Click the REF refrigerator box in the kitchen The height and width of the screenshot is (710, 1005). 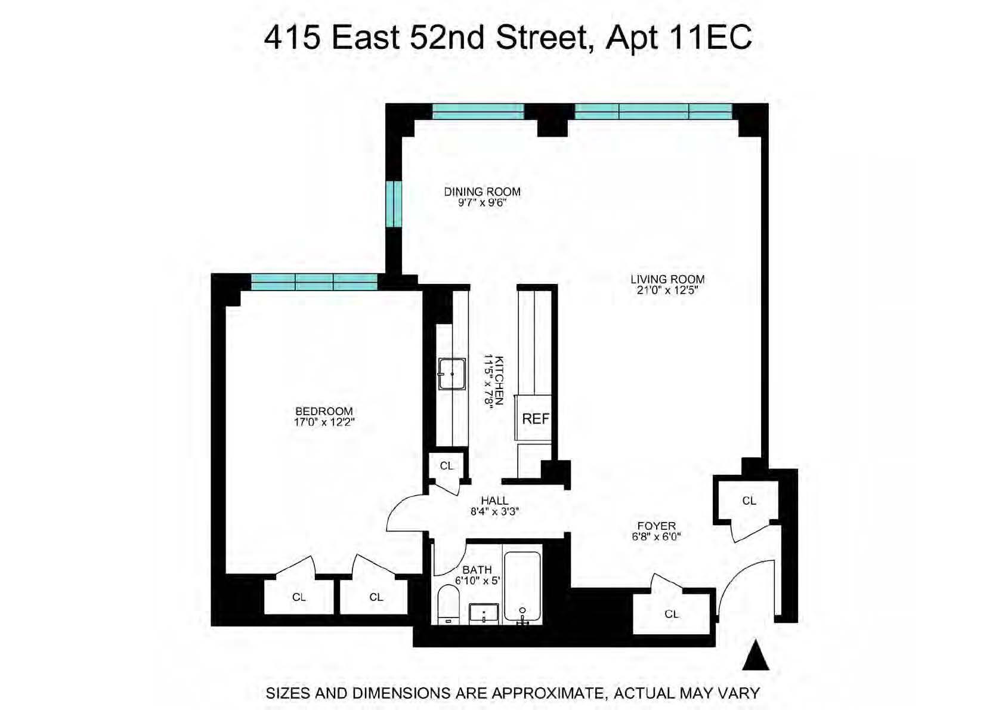tap(534, 418)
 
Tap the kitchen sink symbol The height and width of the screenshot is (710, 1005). tap(452, 374)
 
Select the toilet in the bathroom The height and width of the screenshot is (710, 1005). tap(449, 604)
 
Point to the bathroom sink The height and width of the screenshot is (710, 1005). tap(484, 613)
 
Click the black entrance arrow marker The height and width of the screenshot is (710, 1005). tap(756, 656)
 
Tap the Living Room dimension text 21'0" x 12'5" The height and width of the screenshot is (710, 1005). tap(667, 291)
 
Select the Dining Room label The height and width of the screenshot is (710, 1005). tap(482, 192)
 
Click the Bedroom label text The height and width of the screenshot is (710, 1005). tap(324, 411)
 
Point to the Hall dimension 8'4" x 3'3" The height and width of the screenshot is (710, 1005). tap(494, 511)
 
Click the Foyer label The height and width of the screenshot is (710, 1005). tap(656, 526)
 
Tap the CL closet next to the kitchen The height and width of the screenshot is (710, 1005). tap(446, 466)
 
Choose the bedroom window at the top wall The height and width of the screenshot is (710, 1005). tap(314, 282)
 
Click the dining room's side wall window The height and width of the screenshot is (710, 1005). tap(393, 204)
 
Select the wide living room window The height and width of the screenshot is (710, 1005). tap(653, 111)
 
